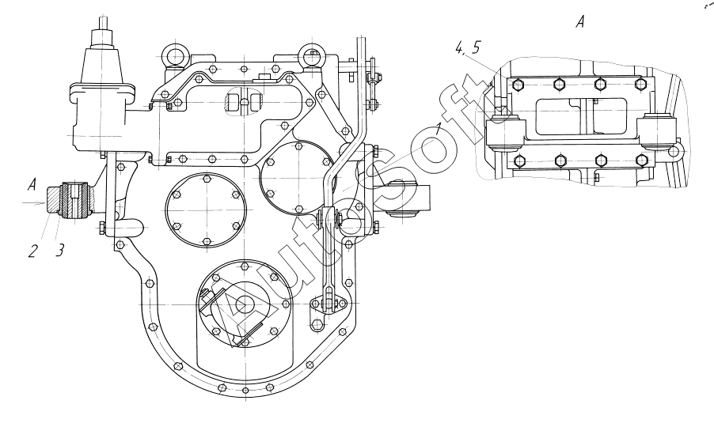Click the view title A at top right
pyautogui.click(x=580, y=24)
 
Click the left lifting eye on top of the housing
pyautogui.click(x=172, y=56)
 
